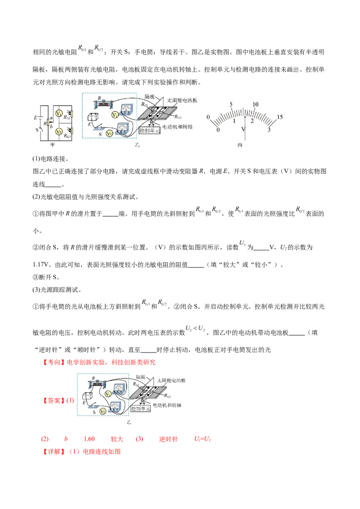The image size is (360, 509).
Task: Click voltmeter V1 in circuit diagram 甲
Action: coord(58,113)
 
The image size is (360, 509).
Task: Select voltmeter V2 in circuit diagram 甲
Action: coord(58,132)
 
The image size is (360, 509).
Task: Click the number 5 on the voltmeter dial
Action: coord(231,104)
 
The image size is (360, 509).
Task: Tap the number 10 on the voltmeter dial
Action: coord(255,104)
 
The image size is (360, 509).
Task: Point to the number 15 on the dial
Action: coord(279,117)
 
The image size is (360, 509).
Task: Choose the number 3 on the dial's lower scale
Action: coord(269,130)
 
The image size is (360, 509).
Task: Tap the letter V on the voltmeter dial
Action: coord(243,129)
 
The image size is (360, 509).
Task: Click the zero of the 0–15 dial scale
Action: coord(208,117)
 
